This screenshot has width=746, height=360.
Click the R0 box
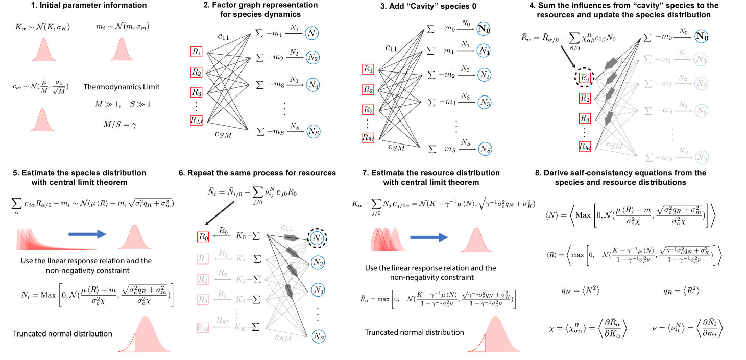(203, 237)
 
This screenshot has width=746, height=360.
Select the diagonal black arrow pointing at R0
(219, 213)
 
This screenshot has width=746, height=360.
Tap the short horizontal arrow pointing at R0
(222, 236)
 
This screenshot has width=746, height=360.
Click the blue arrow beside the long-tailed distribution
(87, 234)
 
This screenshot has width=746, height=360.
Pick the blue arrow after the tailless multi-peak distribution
(429, 237)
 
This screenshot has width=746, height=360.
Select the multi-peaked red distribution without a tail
(388, 240)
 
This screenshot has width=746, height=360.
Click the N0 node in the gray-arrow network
(702, 37)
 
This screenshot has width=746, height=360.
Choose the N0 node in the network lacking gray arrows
(484, 29)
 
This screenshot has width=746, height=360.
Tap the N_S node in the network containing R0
(319, 337)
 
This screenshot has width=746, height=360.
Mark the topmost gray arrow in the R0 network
(292, 237)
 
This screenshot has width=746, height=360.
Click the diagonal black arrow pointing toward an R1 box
(568, 57)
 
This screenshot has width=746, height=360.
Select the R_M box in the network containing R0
(203, 328)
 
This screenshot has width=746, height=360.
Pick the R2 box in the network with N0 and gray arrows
(585, 98)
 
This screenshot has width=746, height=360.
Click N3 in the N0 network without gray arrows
(485, 103)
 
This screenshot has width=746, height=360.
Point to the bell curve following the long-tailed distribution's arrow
(135, 238)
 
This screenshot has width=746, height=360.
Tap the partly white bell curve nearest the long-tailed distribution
(145, 335)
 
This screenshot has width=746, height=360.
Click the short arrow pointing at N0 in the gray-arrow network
(683, 37)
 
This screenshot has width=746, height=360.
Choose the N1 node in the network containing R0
(317, 238)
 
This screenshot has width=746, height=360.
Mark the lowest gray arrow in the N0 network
(609, 118)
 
